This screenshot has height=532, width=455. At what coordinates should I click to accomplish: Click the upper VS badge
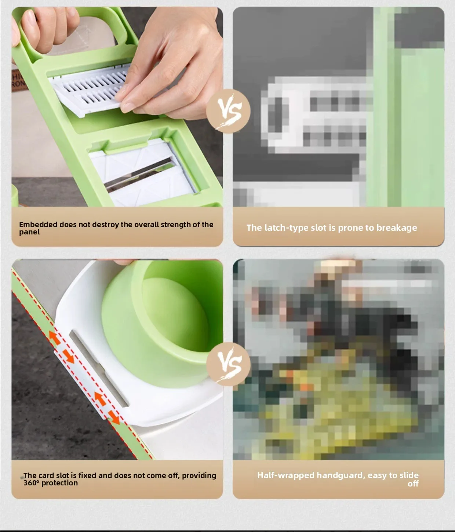(228, 111)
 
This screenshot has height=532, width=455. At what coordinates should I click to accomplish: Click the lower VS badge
(228, 364)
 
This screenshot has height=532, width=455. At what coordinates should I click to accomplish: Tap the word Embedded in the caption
(38, 225)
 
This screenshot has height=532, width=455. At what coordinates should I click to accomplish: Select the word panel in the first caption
(29, 232)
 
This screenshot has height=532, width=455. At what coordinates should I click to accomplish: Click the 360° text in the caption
(31, 483)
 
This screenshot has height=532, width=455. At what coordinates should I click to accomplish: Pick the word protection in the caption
(59, 483)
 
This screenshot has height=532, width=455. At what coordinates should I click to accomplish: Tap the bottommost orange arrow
(114, 418)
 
